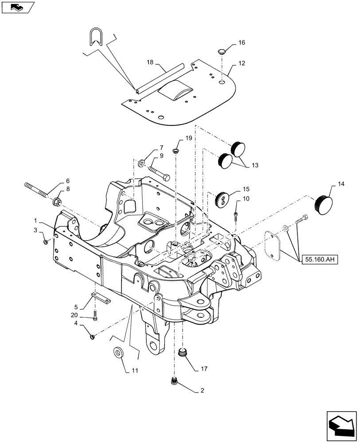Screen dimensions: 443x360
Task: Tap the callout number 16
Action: (241, 43)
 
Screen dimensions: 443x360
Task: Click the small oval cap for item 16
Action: (221, 52)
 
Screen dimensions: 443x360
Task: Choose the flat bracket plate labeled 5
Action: (101, 299)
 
